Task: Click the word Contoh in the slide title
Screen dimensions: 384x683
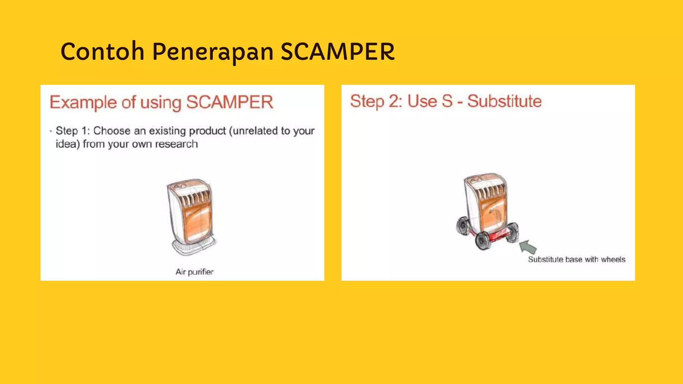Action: pos(102,52)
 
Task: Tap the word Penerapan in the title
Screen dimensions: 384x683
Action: pos(213,52)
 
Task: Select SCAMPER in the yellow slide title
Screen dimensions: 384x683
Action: pos(337,52)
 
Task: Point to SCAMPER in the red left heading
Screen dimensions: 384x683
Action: pos(229,102)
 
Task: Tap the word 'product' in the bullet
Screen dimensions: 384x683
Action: pos(207,131)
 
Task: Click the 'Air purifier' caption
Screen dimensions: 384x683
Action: pos(194,272)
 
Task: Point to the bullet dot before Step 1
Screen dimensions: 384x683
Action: pos(51,131)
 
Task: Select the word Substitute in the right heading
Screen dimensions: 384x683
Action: pos(504,101)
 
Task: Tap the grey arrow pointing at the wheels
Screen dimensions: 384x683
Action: pos(528,247)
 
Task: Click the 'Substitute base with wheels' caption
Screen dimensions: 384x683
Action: pos(577,259)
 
